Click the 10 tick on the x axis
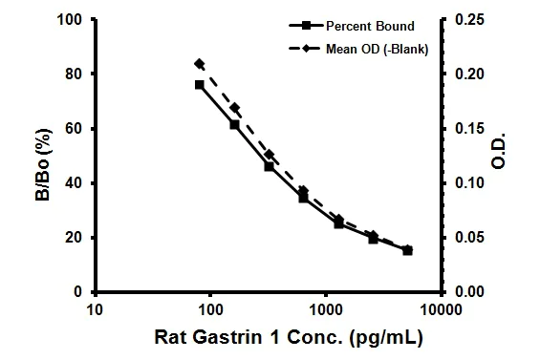click(x=94, y=308)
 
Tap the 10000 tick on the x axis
click(x=441, y=308)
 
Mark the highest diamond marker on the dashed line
click(x=199, y=64)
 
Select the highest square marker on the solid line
click(x=199, y=85)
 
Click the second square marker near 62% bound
click(x=234, y=124)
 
